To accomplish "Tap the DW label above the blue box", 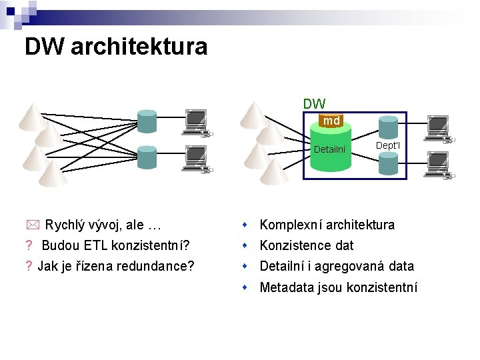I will (314, 103).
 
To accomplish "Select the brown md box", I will (331, 121).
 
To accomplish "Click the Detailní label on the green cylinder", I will (329, 149).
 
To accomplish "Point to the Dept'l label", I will (387, 145).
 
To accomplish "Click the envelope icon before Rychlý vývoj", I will (33, 225).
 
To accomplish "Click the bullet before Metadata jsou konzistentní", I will (246, 287).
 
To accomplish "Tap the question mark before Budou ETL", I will (29, 245).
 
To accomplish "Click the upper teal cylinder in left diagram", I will (147, 120).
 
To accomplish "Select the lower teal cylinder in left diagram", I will (147, 157).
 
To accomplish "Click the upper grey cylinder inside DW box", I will (388, 127).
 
